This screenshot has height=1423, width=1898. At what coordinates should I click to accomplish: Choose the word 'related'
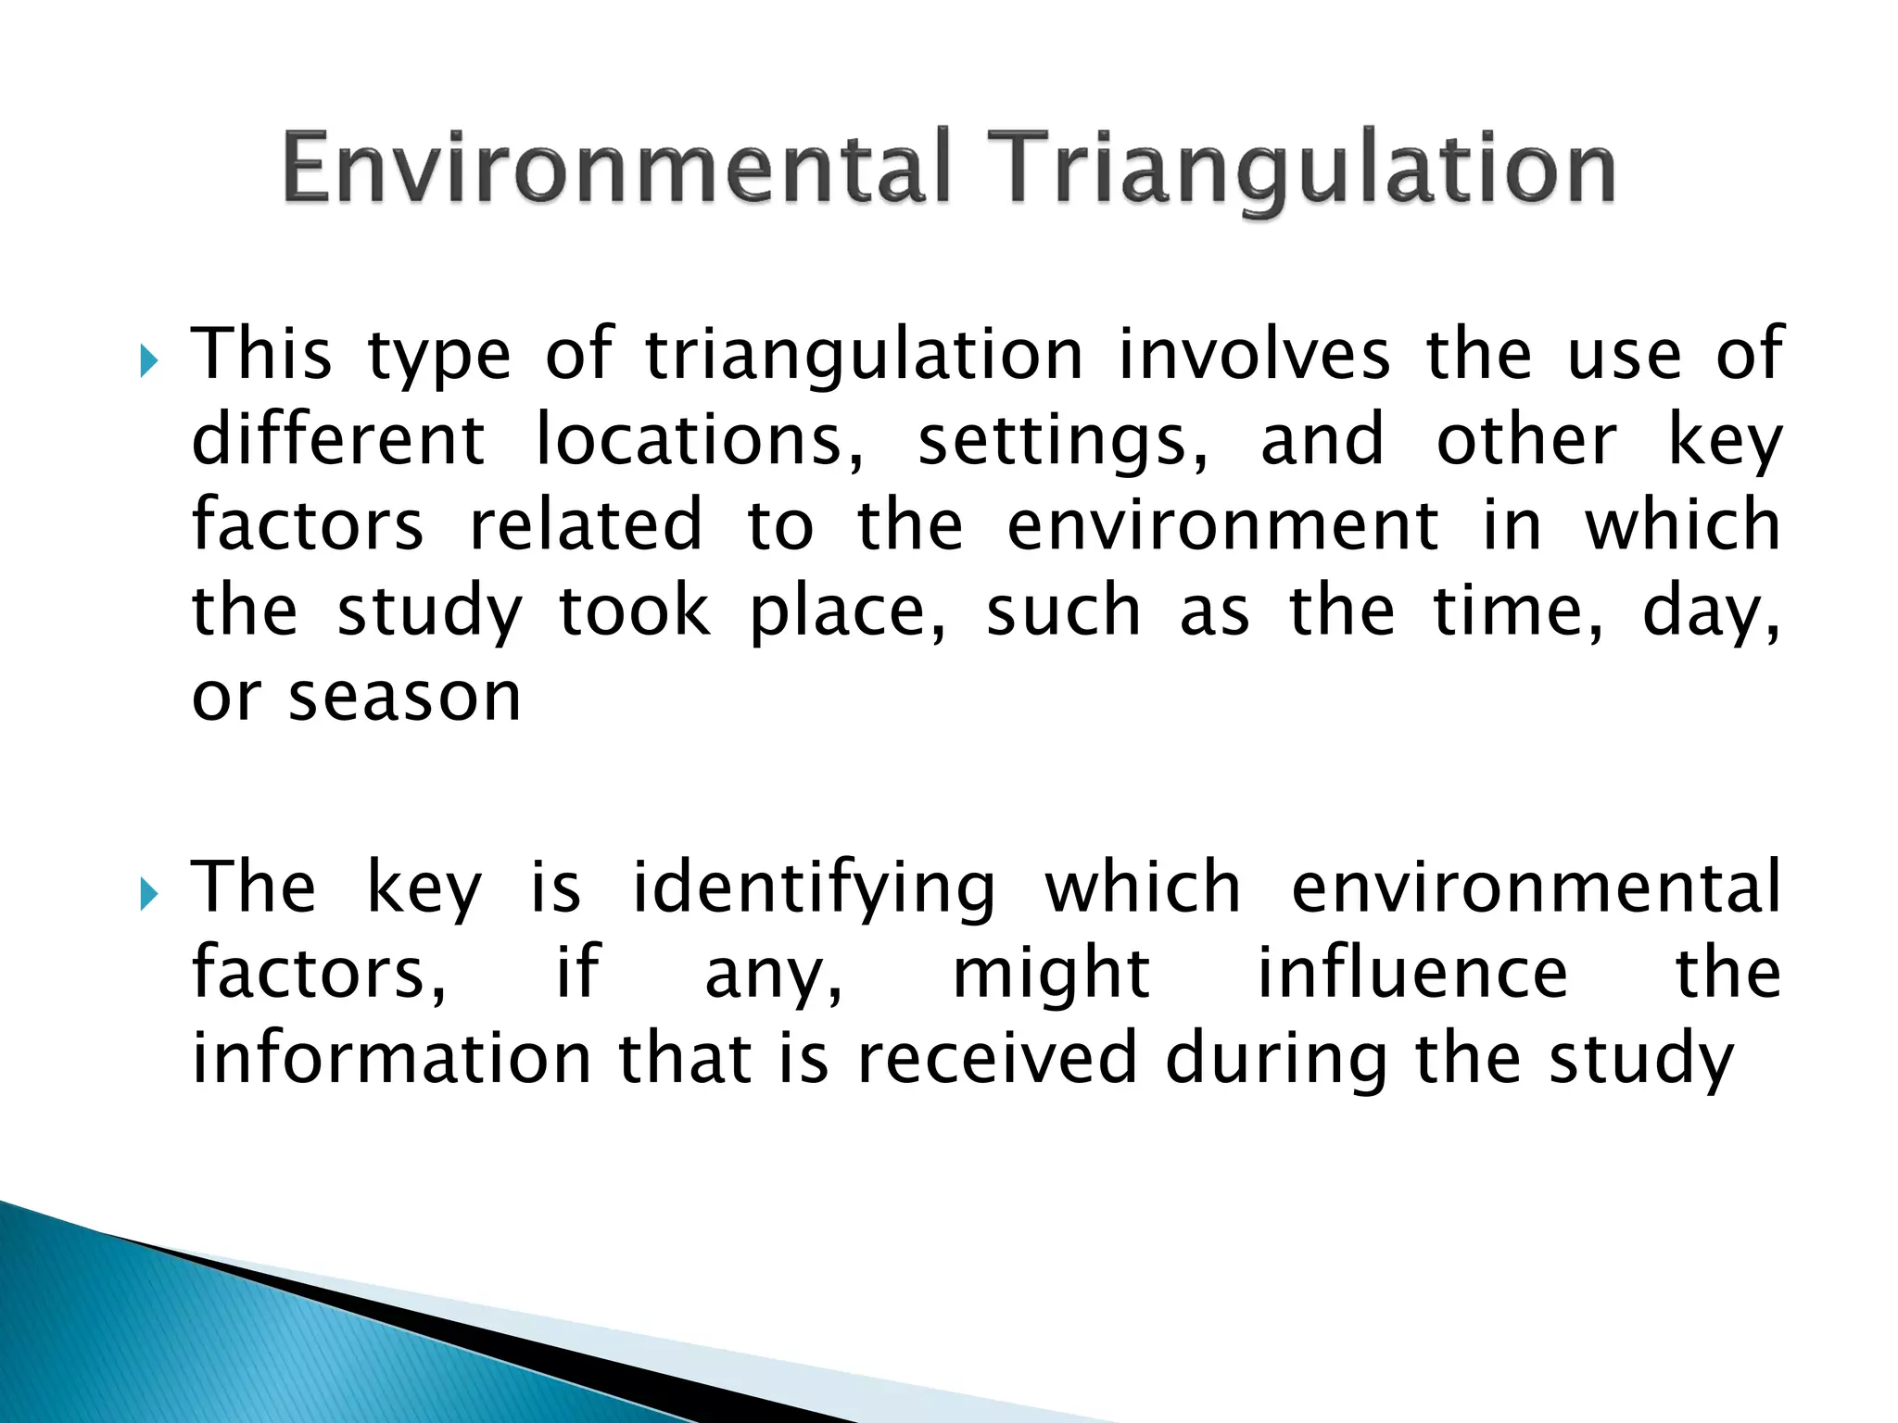click(586, 524)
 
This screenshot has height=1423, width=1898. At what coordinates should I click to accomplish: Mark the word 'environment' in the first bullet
click(1223, 524)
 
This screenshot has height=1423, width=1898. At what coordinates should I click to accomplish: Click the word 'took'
click(636, 611)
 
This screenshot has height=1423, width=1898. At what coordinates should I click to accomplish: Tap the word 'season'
click(405, 696)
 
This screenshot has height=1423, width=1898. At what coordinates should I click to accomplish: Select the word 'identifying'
click(814, 889)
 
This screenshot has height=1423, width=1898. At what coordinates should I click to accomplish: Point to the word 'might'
click(1052, 975)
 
